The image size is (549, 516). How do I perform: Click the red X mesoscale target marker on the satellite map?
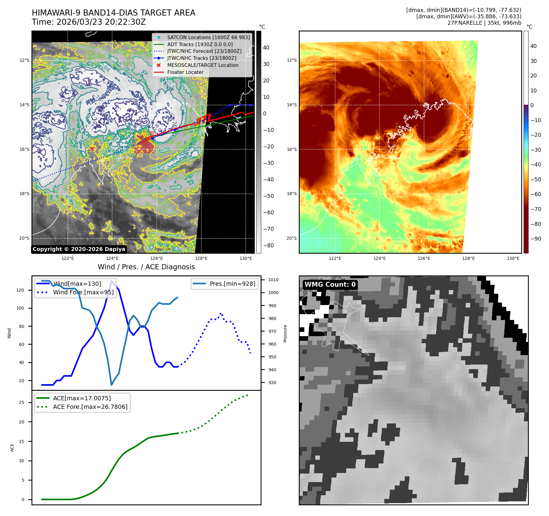click(92, 149)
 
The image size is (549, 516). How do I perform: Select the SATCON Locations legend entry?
click(208, 37)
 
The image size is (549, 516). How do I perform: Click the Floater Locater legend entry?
click(185, 72)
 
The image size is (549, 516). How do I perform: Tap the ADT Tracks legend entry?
click(200, 44)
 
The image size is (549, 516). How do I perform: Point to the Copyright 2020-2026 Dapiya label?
click(79, 249)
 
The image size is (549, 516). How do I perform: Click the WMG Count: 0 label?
click(330, 285)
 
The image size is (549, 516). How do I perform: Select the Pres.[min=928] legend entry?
click(232, 284)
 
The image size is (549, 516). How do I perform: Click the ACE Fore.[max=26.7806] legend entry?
click(90, 407)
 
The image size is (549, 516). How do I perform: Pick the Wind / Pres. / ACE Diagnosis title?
click(146, 267)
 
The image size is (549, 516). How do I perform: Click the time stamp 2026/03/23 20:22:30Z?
click(101, 22)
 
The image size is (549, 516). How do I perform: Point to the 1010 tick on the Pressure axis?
click(273, 280)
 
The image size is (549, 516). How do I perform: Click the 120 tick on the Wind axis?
click(20, 290)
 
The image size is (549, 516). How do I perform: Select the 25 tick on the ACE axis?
click(21, 402)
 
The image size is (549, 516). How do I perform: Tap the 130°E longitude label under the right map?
click(513, 258)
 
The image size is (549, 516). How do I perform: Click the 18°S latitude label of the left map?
click(24, 194)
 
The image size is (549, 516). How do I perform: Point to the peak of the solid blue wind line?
click(112, 281)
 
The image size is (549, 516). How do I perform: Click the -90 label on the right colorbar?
click(536, 239)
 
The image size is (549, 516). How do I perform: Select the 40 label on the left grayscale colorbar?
click(266, 47)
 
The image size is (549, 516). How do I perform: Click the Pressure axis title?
click(285, 333)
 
